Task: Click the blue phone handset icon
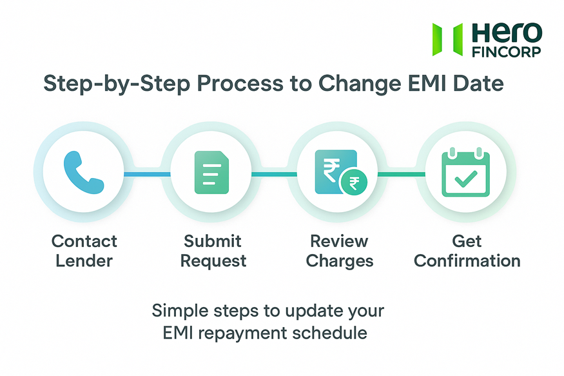pyautogui.click(x=84, y=173)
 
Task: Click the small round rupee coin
pyautogui.click(x=354, y=183)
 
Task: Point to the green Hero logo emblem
pyautogui.click(x=447, y=39)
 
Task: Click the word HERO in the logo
pyautogui.click(x=507, y=32)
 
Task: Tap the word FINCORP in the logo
pyautogui.click(x=507, y=52)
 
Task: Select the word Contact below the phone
pyautogui.click(x=84, y=241)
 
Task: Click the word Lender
pyautogui.click(x=84, y=261)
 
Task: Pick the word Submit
pyautogui.click(x=213, y=241)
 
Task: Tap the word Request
pyautogui.click(x=213, y=261)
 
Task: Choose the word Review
pyautogui.click(x=339, y=241)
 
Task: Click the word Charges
pyautogui.click(x=339, y=261)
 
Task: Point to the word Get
pyautogui.click(x=467, y=241)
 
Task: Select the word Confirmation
pyautogui.click(x=467, y=261)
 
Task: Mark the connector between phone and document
pyautogui.click(x=147, y=173)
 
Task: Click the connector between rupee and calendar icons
pyautogui.click(x=402, y=173)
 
